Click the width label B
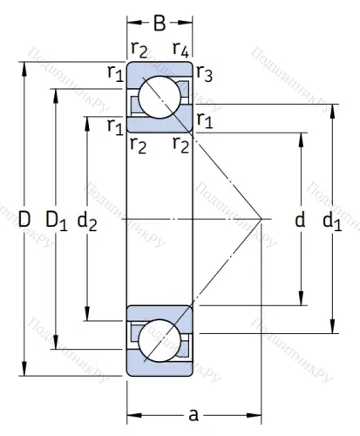[160, 22]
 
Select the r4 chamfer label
[181, 49]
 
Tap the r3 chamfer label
[203, 75]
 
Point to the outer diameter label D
[24, 221]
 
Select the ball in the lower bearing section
[160, 340]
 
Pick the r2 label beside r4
[138, 49]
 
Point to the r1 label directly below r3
[203, 119]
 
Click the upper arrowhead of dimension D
[24, 65]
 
